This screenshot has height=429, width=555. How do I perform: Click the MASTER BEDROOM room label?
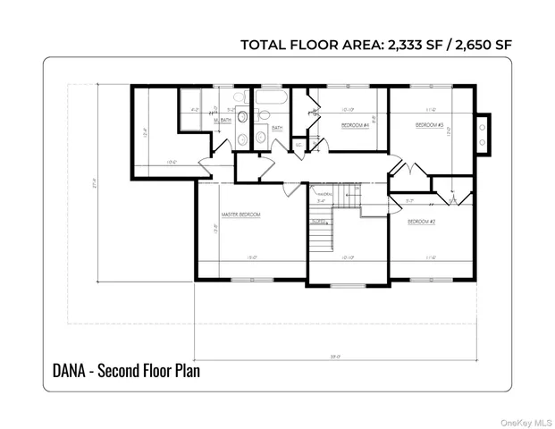pyautogui.click(x=241, y=215)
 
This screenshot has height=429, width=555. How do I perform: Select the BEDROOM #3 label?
pyautogui.click(x=430, y=126)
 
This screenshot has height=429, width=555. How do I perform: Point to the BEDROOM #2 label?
pyautogui.click(x=421, y=221)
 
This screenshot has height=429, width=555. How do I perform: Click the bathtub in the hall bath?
pyautogui.click(x=269, y=98)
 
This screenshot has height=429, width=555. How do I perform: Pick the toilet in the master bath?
pyautogui.click(x=242, y=116)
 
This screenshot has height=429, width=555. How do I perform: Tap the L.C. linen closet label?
pyautogui.click(x=299, y=145)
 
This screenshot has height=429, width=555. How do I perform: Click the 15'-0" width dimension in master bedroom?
pyautogui.click(x=251, y=258)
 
